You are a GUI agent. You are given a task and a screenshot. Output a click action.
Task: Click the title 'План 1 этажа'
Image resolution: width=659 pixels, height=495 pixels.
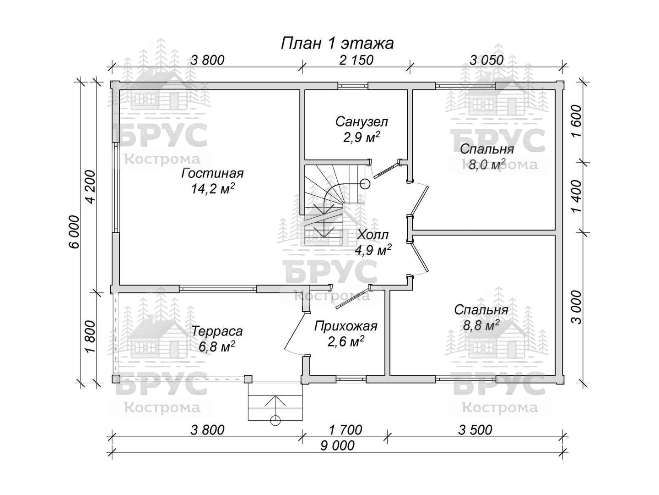click(337, 44)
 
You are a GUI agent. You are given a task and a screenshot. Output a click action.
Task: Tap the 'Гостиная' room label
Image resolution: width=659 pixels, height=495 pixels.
click(212, 174)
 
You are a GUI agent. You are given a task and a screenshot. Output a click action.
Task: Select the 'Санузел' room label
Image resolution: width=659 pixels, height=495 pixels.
click(362, 122)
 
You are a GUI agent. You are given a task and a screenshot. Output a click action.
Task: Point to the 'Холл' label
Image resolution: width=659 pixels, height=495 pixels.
click(373, 235)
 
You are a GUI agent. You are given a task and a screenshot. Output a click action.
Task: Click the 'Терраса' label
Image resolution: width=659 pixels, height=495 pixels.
click(217, 331)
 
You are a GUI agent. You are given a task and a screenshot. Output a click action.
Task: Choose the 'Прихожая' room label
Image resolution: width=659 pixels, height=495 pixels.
click(346, 326)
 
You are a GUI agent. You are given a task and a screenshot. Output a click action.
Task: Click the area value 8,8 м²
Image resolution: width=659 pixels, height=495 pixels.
click(481, 325)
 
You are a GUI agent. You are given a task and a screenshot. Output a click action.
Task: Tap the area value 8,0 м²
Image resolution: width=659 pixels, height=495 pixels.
click(486, 165)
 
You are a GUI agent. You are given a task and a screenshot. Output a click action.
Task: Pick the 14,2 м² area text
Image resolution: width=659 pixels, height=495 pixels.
click(212, 189)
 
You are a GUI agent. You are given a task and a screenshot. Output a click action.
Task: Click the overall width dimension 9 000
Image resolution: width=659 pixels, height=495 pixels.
click(337, 445)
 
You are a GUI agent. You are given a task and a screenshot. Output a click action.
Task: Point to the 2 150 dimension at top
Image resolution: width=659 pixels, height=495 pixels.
click(357, 60)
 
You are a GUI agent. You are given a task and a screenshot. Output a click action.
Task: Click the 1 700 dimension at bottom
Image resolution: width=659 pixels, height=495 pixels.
click(346, 430)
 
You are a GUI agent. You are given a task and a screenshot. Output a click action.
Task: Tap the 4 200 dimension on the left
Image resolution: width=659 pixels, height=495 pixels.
click(91, 187)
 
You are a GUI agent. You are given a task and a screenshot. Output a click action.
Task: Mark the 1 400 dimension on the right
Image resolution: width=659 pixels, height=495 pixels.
click(577, 196)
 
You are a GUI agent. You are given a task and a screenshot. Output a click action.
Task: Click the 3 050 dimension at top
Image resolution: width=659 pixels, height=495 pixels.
click(486, 60)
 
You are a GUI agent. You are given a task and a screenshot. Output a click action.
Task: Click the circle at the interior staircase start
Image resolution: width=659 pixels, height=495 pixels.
click(365, 183)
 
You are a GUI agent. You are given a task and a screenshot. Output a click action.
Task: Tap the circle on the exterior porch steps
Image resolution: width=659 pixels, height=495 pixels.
click(275, 420)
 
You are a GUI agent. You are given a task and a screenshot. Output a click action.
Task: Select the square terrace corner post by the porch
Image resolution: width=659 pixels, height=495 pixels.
click(248, 379)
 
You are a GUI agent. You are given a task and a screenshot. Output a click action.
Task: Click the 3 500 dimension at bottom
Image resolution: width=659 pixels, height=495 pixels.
click(475, 430)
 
